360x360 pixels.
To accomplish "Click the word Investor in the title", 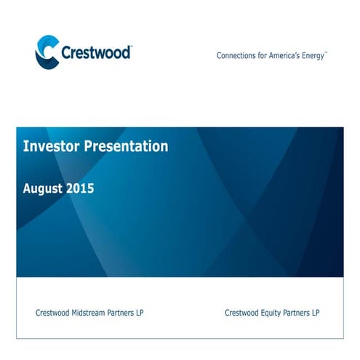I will [x=50, y=146].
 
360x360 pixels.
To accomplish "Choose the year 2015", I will [x=81, y=188].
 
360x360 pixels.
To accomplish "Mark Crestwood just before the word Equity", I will [x=242, y=313].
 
